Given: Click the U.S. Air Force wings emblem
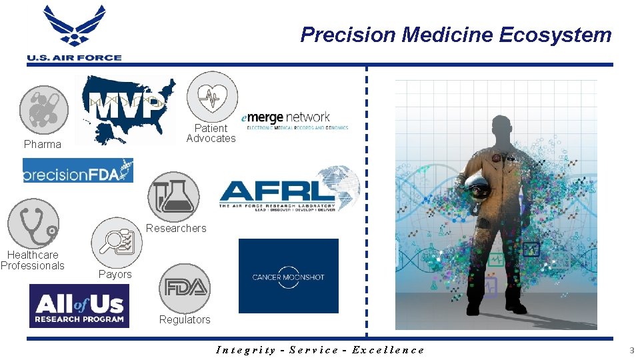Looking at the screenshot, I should pos(74,27).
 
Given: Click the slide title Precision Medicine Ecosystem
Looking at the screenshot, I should pos(455,35).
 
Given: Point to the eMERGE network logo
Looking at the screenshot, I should pos(295,120).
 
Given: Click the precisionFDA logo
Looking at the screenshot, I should pos(78,171).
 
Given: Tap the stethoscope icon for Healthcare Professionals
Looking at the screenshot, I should pos(33,224).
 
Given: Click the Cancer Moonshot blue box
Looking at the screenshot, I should pos(288,276).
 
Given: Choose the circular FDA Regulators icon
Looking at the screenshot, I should pos(185,288).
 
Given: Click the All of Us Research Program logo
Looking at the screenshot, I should pos(79,306).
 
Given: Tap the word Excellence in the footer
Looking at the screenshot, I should pos(388,350).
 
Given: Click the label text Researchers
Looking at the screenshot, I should pos(176,229).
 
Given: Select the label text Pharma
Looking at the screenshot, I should pos(42,145).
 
